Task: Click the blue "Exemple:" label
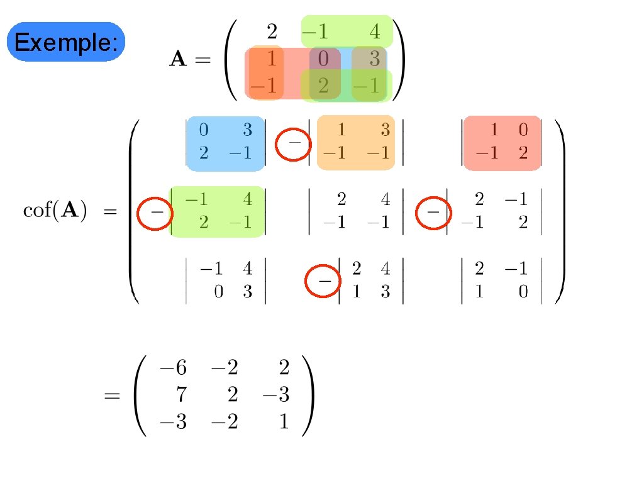tap(65, 43)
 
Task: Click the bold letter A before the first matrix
tap(177, 60)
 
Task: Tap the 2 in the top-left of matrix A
tap(272, 31)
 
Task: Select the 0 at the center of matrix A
tap(323, 59)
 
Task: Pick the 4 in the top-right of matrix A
tap(375, 31)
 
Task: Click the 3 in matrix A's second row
tap(374, 59)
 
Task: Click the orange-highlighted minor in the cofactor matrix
tap(355, 142)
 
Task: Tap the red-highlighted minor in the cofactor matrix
tap(502, 142)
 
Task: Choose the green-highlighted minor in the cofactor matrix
tap(217, 211)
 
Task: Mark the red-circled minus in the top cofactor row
tap(294, 143)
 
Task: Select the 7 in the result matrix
tap(181, 396)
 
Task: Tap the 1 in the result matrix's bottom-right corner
tap(284, 422)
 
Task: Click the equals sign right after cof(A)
tap(109, 213)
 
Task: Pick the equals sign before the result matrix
tap(112, 396)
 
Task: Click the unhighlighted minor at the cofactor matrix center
tap(355, 211)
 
